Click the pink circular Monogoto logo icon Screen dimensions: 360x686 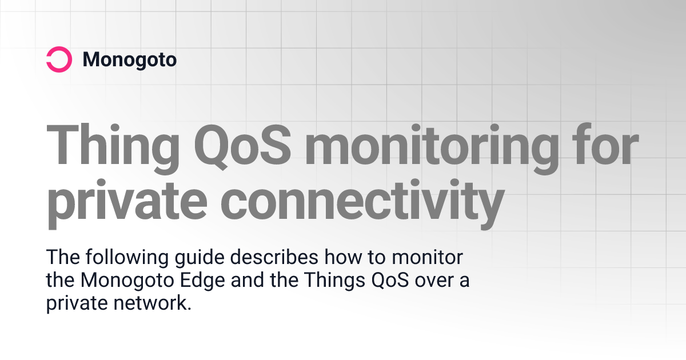click(59, 59)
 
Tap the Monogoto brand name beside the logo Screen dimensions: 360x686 click(130, 59)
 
